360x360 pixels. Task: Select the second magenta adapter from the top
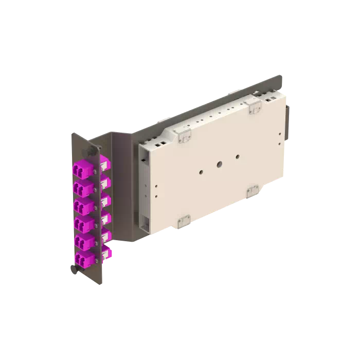click(82, 187)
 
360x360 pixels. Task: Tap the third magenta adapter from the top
click(82, 205)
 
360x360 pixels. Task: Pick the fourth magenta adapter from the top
click(82, 223)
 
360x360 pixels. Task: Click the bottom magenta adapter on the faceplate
click(82, 259)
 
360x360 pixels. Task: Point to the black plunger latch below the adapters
click(73, 268)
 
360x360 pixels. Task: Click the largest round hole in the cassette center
click(220, 165)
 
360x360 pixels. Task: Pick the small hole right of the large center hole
click(237, 156)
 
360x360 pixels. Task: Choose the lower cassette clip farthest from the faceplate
click(253, 192)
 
